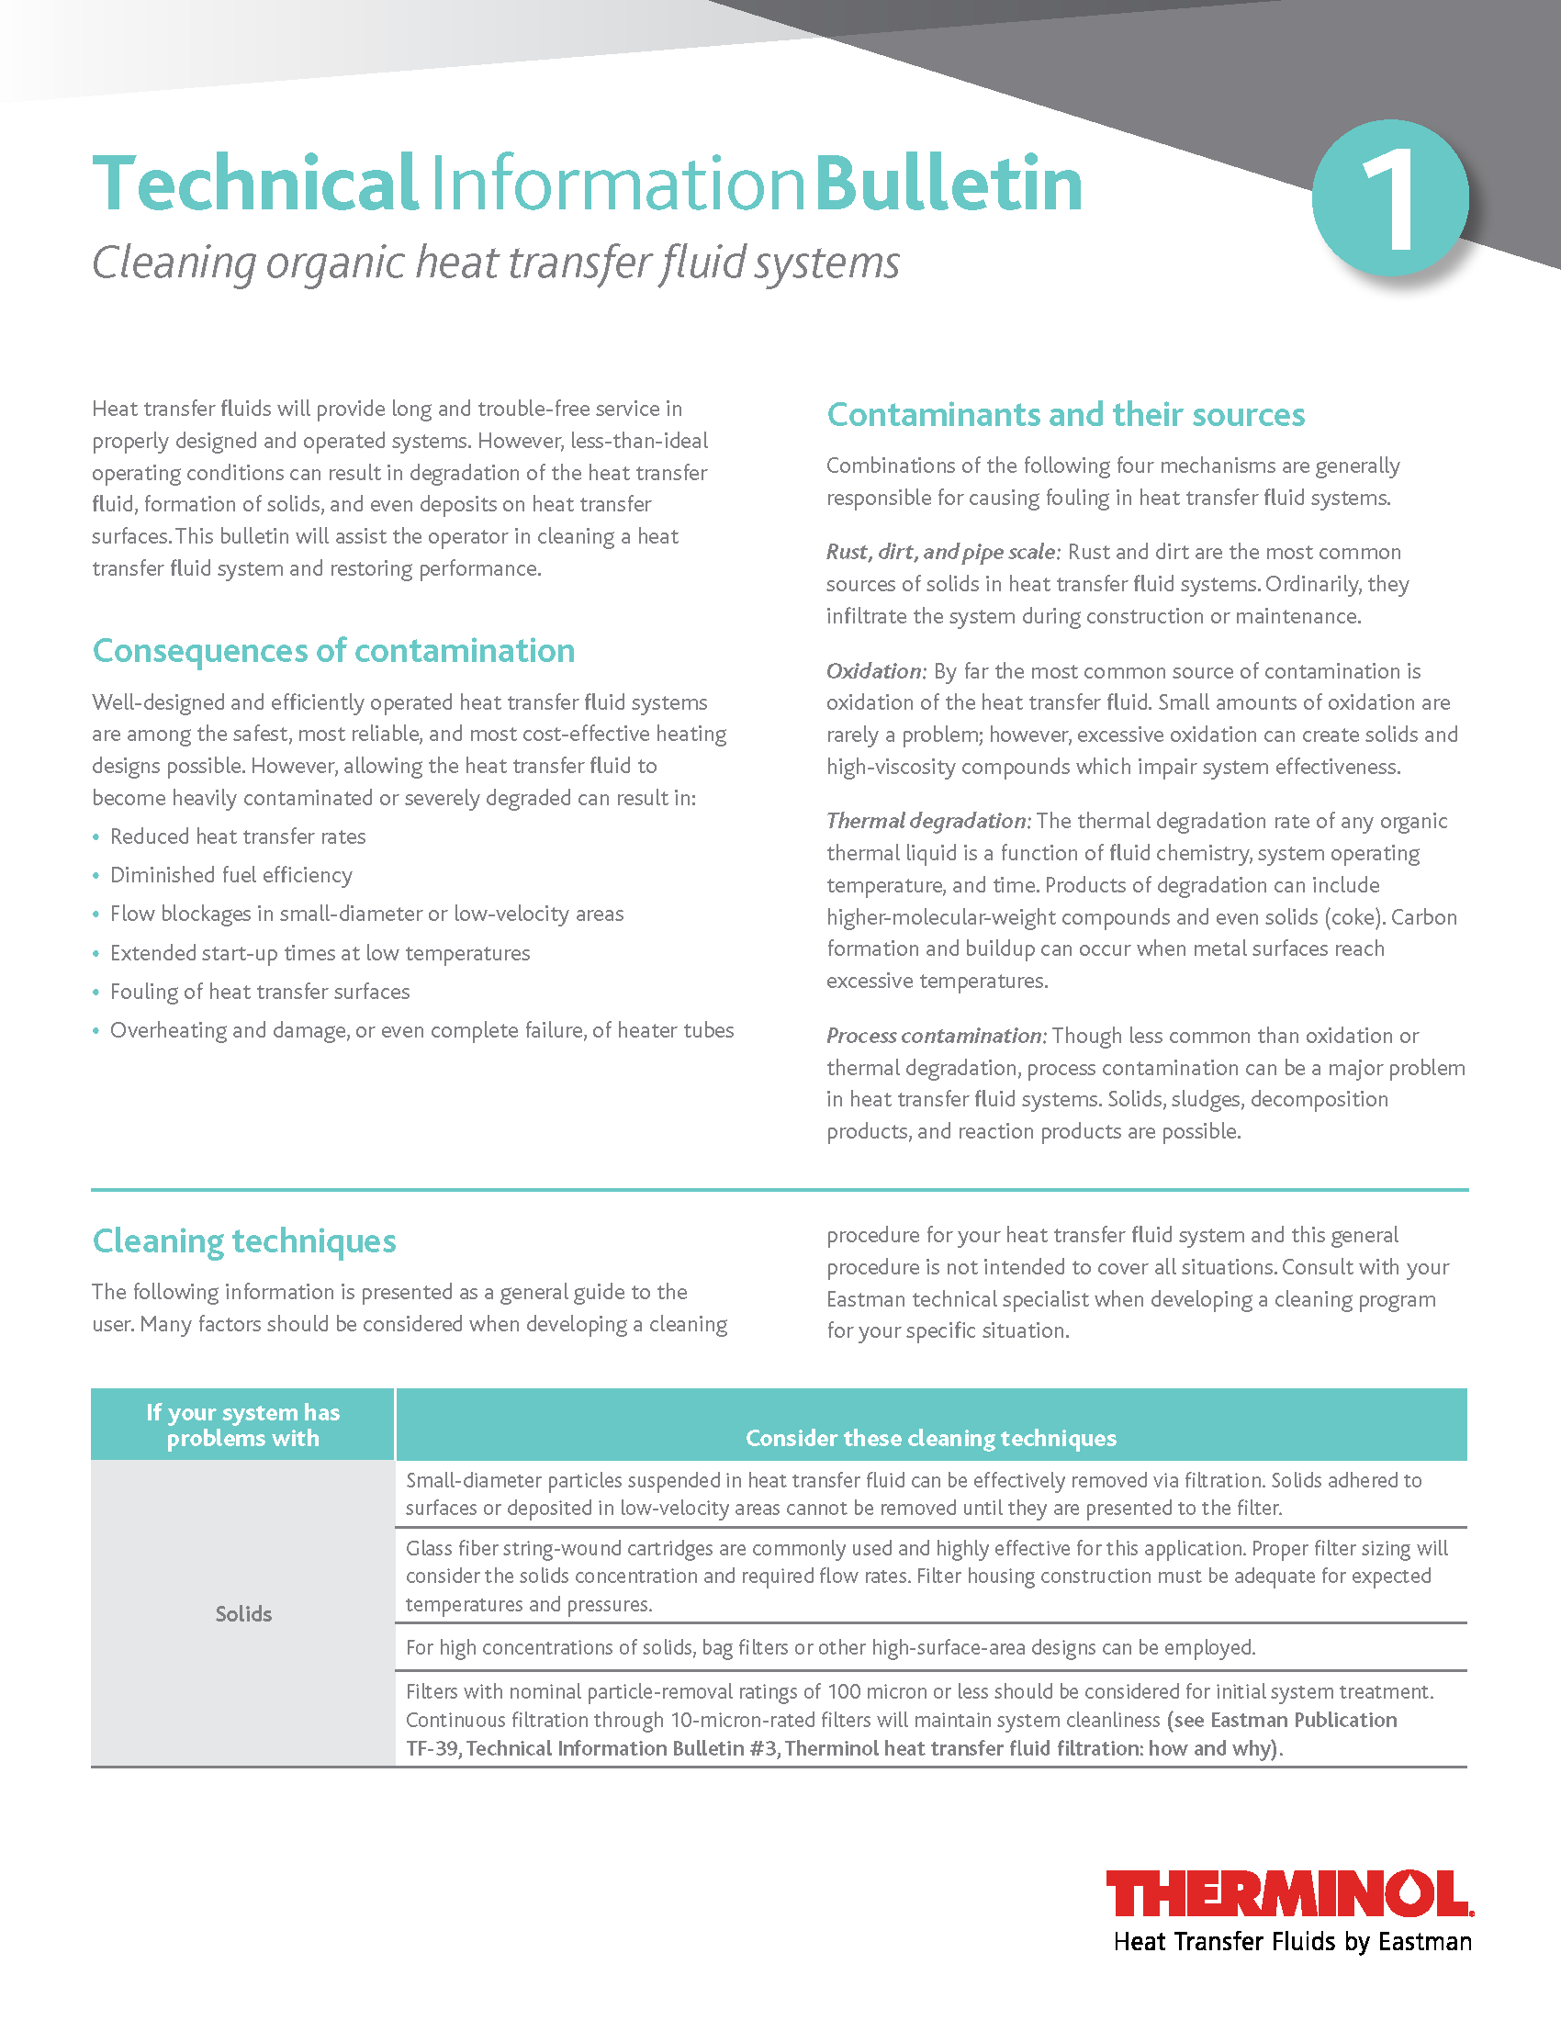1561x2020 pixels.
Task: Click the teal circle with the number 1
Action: (1390, 197)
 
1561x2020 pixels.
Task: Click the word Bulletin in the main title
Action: (949, 183)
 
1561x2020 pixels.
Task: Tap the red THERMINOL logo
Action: (1289, 1894)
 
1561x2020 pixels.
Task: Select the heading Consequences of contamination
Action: (333, 651)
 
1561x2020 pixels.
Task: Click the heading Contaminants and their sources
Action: (1065, 415)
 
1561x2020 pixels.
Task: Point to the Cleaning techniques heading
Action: (244, 1241)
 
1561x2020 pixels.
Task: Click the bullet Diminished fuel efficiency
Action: (231, 875)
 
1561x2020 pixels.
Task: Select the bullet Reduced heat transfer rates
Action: (238, 836)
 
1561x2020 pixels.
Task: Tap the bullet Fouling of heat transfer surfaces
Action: (260, 992)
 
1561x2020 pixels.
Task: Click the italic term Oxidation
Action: (875, 671)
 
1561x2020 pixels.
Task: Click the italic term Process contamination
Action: (935, 1036)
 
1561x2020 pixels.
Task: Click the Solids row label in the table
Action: (243, 1614)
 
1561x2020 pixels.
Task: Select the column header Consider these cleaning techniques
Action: (930, 1438)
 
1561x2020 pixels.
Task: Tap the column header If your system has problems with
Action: (243, 1425)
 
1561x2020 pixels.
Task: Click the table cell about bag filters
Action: (830, 1647)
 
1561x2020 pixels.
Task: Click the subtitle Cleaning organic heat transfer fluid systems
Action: (496, 263)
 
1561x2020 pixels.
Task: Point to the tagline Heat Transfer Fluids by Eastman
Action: (1292, 1942)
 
